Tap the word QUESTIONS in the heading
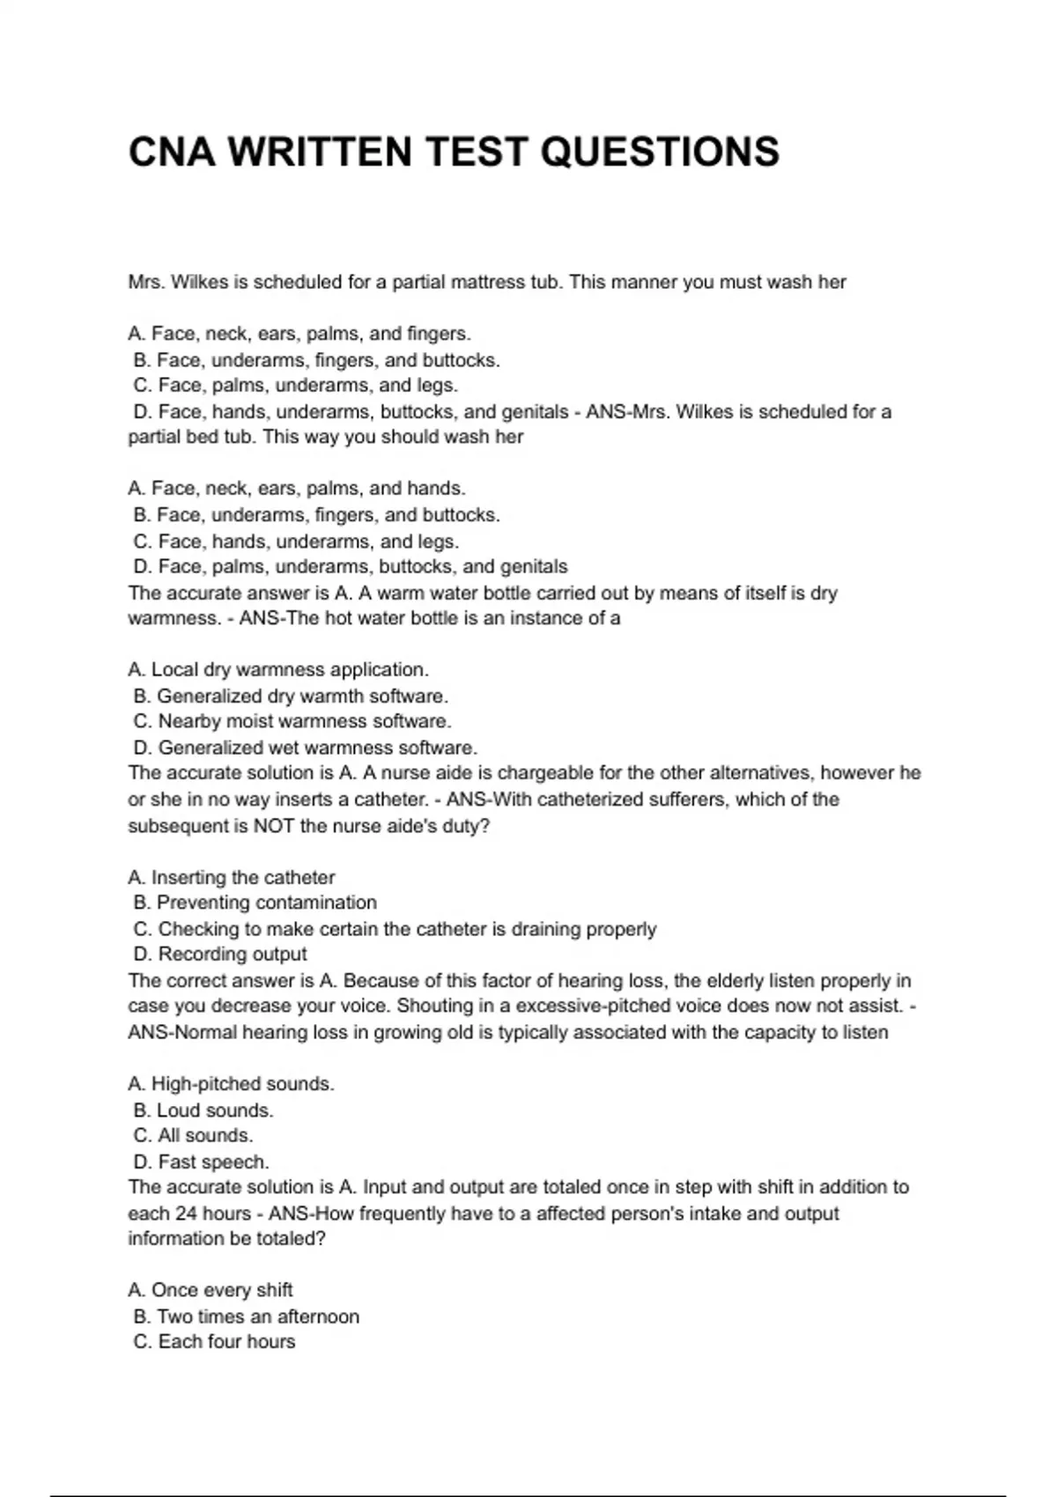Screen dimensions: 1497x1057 click(659, 151)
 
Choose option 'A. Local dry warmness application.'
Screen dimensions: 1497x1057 click(278, 670)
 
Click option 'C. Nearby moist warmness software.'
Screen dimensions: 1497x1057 click(292, 722)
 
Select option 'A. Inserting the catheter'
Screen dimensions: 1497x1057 click(232, 878)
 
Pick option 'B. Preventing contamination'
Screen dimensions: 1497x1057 click(255, 903)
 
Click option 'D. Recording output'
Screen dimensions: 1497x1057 click(219, 955)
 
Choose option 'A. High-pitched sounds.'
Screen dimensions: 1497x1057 click(231, 1084)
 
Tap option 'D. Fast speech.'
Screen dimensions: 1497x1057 click(201, 1162)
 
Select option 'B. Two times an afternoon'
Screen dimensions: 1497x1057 click(246, 1317)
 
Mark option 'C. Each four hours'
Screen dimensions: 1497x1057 click(214, 1342)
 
